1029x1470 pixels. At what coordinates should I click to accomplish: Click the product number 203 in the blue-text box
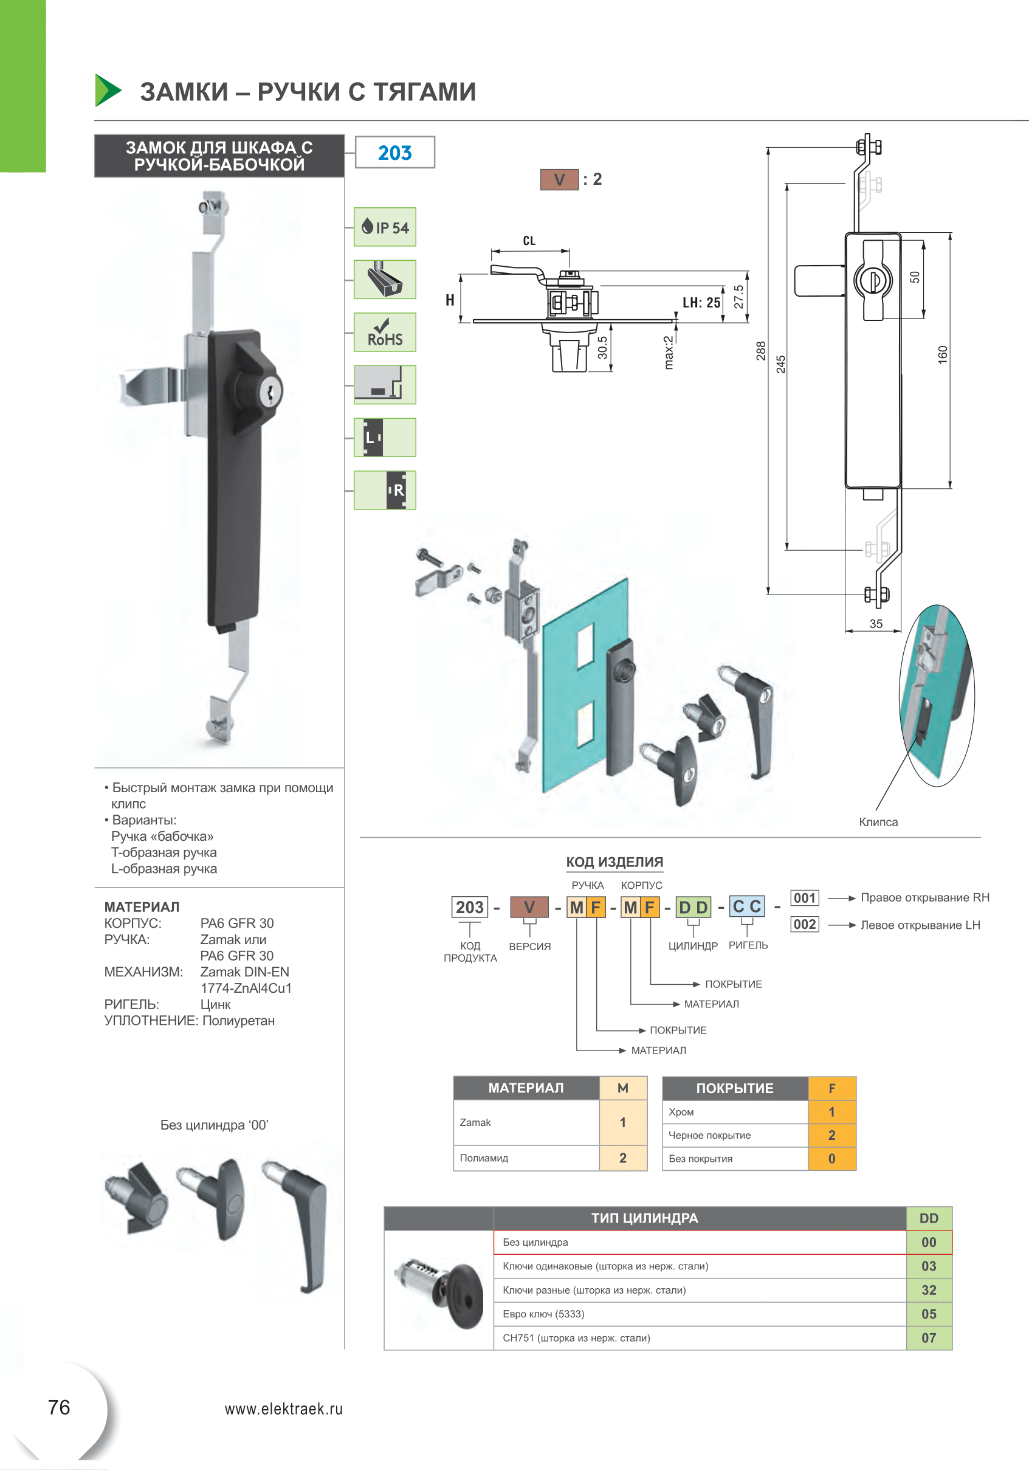coord(395,153)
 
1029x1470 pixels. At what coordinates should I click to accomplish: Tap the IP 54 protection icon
coord(385,227)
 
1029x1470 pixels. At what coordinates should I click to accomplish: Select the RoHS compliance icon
coord(385,333)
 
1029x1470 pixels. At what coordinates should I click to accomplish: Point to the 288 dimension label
coord(761,351)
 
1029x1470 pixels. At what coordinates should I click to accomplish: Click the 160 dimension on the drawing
coord(943,354)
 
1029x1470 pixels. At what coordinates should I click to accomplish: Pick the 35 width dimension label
coord(876,624)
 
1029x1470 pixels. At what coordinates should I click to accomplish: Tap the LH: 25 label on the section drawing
coord(701,302)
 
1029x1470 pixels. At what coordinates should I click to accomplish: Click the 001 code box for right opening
coord(805,897)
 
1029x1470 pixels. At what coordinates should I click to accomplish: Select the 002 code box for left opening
coord(805,925)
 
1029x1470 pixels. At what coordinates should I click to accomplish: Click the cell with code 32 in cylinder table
coord(929,1290)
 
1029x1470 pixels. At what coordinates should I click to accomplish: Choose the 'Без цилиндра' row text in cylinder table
coord(535,1242)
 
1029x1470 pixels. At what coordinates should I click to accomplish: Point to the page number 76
coord(59,1407)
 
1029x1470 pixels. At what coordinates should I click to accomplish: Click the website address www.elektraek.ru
coord(283,1409)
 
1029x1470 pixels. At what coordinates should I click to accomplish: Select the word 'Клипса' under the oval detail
coord(878,822)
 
